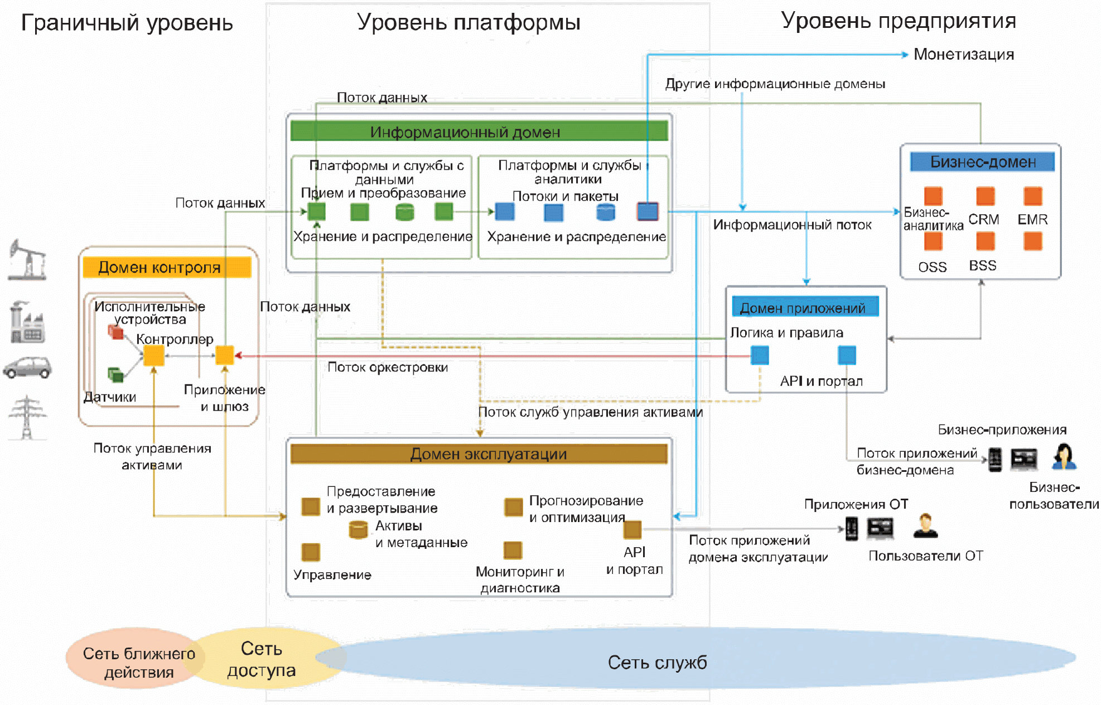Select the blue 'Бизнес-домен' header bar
(x=982, y=162)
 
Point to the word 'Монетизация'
(x=963, y=55)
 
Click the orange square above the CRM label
(x=985, y=196)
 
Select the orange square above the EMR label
(x=1032, y=196)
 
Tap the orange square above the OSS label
(x=933, y=242)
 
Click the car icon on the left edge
(x=27, y=368)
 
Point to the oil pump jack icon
(x=27, y=259)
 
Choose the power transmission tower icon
(x=27, y=417)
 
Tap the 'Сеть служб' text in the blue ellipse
(x=657, y=663)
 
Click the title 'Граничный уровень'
(x=127, y=23)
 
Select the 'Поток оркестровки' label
(x=388, y=368)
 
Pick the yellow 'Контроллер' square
(x=154, y=355)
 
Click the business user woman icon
(x=1064, y=457)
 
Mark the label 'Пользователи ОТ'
(x=925, y=556)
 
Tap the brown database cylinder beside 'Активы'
(x=358, y=529)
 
